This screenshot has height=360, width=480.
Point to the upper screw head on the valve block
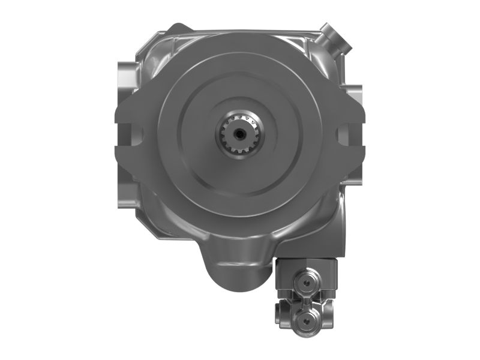tap(307, 281)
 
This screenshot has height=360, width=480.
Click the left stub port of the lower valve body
tap(280, 313)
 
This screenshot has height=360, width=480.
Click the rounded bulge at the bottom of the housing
tap(238, 270)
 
